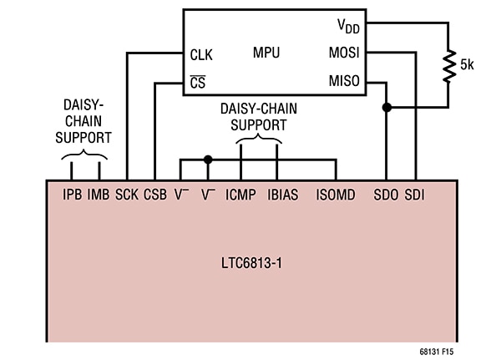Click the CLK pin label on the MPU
[x=201, y=55]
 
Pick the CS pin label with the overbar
[x=197, y=84]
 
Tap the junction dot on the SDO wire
[x=386, y=108]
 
